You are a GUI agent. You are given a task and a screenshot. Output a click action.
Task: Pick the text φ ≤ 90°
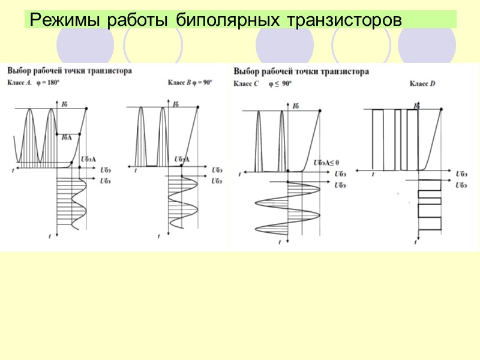(280, 84)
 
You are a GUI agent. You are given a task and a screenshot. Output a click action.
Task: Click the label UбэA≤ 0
(326, 163)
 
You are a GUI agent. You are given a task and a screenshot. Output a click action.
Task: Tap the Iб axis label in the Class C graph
(296, 106)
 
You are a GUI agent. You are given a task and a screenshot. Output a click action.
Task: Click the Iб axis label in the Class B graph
(176, 104)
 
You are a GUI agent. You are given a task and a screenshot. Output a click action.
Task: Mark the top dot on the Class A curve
(88, 108)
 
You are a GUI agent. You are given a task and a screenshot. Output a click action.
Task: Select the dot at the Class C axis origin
(288, 172)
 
